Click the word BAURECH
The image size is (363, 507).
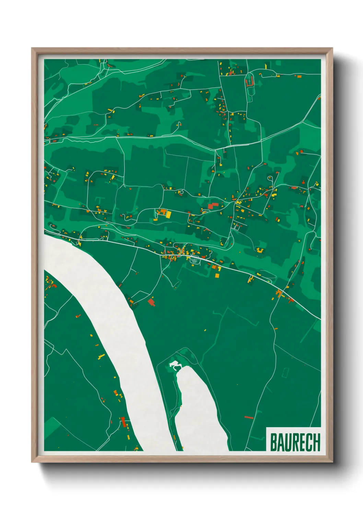[x=295, y=442]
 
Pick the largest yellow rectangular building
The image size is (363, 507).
[x=168, y=214]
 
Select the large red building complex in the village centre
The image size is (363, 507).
[x=213, y=206]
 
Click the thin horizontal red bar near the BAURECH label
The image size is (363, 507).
[x=249, y=417]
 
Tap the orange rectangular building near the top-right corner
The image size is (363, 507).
[x=299, y=76]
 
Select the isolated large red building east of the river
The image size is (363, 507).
[x=151, y=302]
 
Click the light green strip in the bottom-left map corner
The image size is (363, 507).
[x=51, y=428]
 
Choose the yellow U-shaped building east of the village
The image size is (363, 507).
[x=259, y=250]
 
